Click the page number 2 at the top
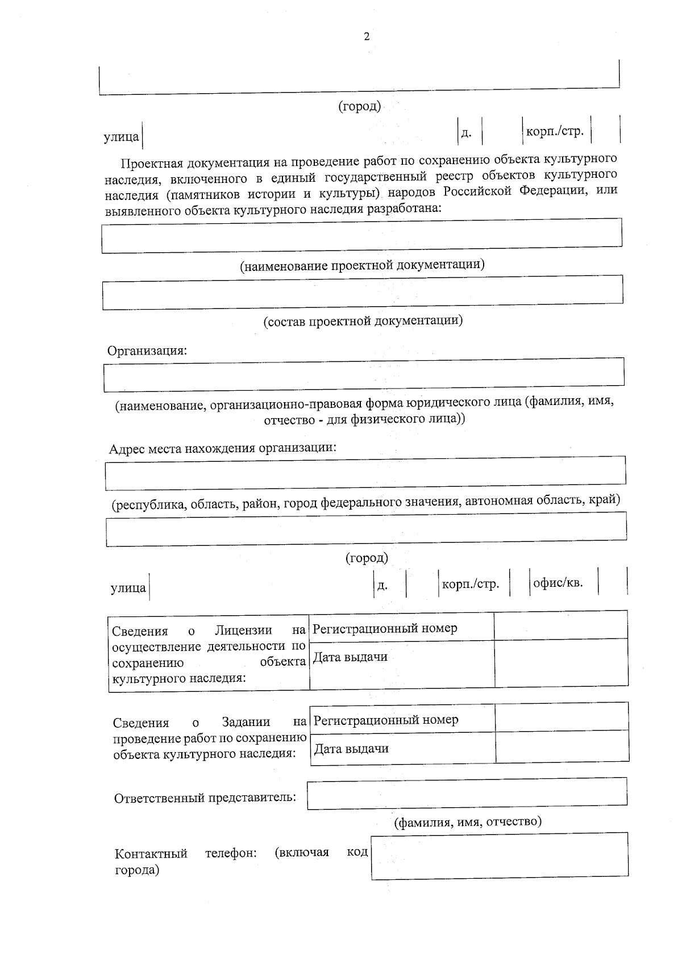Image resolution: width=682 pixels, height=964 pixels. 367,37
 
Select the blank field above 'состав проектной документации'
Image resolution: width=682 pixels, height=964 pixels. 362,292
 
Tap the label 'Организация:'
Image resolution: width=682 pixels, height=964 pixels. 147,350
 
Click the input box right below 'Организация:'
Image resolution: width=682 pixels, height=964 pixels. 364,374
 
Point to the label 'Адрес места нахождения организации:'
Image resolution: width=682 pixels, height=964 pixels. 223,448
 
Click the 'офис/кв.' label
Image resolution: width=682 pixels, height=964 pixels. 558,583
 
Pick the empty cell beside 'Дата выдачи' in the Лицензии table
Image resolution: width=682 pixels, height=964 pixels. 560,663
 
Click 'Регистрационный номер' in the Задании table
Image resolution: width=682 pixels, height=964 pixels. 386,720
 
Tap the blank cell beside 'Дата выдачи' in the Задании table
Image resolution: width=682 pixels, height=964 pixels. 562,747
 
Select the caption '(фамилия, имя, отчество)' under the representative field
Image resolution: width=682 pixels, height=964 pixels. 468,821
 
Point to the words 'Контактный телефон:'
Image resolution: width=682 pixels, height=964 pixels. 185,854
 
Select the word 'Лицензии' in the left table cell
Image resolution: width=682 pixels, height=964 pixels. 243,630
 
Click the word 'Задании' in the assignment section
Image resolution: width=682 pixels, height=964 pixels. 246,723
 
